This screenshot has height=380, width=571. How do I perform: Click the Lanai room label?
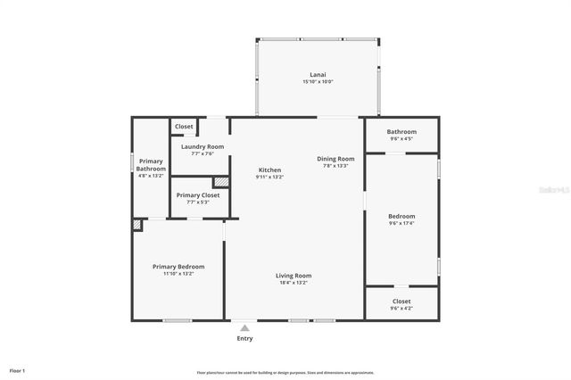click(x=318, y=75)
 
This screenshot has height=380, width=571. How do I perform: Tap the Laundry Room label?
click(x=203, y=146)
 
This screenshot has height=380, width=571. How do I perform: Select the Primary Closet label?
click(x=197, y=194)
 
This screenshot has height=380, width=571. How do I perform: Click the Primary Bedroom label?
click(x=178, y=267)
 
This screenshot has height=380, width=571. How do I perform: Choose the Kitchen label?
click(x=269, y=169)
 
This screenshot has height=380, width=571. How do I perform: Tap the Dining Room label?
click(x=335, y=159)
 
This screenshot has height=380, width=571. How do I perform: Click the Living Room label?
click(x=293, y=276)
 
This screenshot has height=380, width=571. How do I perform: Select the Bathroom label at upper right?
click(x=401, y=132)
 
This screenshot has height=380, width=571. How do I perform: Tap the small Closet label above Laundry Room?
click(x=184, y=127)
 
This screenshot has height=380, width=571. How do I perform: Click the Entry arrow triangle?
click(x=244, y=328)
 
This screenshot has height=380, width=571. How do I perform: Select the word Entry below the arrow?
click(x=244, y=338)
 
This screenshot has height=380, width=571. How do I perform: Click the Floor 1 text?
click(x=17, y=370)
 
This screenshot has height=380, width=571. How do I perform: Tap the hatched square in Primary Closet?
click(x=220, y=182)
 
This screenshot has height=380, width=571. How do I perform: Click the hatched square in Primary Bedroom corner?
click(x=137, y=226)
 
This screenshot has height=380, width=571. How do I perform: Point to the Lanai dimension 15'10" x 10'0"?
click(x=318, y=82)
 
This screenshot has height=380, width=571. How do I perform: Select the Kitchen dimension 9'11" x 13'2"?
click(x=269, y=177)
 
